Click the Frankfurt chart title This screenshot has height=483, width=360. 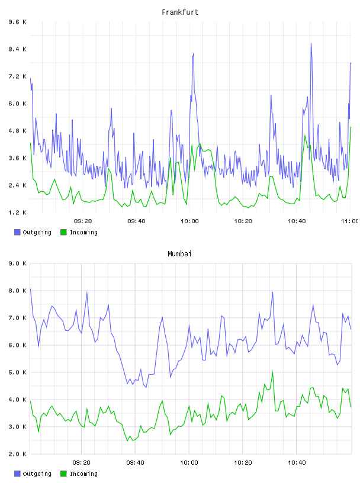180,12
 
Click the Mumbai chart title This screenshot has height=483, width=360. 179,254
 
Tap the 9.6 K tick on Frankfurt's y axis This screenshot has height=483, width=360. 18,22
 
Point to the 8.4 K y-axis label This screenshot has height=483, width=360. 18,49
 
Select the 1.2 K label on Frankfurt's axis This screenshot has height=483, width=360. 18,212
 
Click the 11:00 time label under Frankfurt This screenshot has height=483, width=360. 350,221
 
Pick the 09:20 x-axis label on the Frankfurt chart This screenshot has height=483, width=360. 83,221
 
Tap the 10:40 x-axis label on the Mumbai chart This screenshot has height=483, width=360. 297,463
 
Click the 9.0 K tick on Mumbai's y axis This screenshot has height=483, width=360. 18,263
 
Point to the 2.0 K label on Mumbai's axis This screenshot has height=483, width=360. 18,454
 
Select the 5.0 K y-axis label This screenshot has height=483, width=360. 18,372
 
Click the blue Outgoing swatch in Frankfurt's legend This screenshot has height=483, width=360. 17,232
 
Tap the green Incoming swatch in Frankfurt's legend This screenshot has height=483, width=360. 63,232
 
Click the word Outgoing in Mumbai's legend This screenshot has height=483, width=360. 37,474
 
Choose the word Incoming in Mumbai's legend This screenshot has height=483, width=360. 83,474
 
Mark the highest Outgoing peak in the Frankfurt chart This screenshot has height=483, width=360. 311,43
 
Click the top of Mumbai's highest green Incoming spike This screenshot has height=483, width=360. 272,372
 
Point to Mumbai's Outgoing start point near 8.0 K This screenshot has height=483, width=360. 30,289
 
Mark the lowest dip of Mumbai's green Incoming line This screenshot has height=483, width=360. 127,441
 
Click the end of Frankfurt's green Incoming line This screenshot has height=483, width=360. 351,127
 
